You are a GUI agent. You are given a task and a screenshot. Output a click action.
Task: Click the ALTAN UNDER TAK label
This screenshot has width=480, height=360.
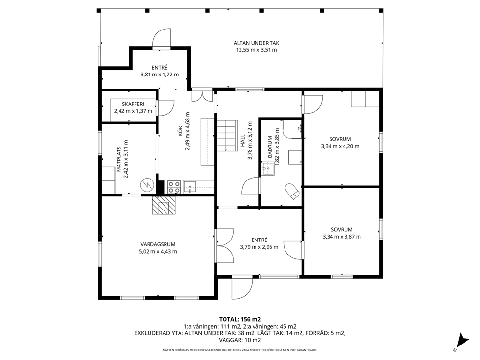pyautogui.click(x=256, y=43)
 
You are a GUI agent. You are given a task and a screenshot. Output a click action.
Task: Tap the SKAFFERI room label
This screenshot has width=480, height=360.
pyautogui.click(x=133, y=104)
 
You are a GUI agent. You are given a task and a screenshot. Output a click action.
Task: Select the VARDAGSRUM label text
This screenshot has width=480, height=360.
pyautogui.click(x=158, y=244)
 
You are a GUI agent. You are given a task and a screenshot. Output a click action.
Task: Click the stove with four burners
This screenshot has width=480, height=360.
pyautogui.click(x=174, y=187)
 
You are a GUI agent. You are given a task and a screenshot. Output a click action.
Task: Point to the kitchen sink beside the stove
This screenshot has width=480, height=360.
pyautogui.click(x=190, y=187)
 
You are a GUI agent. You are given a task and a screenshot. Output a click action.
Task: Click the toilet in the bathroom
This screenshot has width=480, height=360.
pyautogui.click(x=292, y=191)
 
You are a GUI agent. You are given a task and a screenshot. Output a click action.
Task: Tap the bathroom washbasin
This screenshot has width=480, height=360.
pyautogui.click(x=268, y=168)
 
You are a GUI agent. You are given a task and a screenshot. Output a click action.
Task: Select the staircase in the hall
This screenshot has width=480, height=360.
pyautogui.click(x=227, y=135)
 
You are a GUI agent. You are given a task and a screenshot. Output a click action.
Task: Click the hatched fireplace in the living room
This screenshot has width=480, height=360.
pyautogui.click(x=164, y=205)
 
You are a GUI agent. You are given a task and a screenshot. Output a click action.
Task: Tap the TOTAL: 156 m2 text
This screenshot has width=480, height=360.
pyautogui.click(x=240, y=319)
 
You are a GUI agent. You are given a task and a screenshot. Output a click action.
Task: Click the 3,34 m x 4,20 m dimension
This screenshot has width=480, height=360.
pyautogui.click(x=340, y=146)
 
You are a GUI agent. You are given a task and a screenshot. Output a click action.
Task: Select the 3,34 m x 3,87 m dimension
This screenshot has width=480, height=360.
pyautogui.click(x=342, y=237)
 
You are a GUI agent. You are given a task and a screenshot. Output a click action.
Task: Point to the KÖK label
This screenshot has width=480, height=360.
pyautogui.click(x=180, y=132)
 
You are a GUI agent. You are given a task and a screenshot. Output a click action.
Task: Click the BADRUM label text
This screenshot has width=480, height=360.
pyautogui.click(x=270, y=147)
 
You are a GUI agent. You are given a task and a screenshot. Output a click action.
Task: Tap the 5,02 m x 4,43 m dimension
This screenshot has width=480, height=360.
pyautogui.click(x=158, y=252)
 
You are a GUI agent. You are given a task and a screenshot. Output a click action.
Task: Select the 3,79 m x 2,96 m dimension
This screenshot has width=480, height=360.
pyautogui.click(x=259, y=247)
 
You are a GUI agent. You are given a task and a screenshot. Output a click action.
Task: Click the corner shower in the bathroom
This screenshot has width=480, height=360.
pyautogui.click(x=293, y=129)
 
